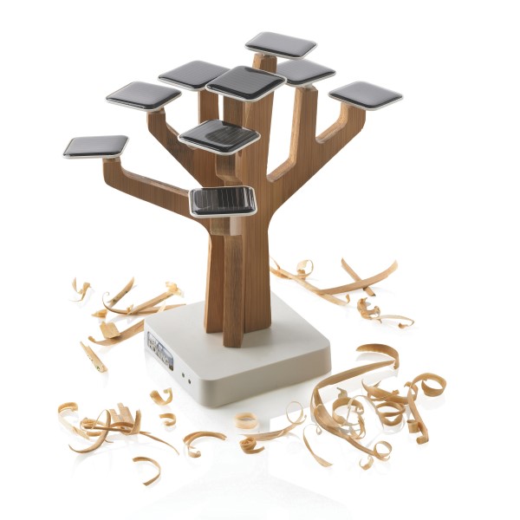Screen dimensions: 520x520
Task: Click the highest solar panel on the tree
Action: click(280, 43)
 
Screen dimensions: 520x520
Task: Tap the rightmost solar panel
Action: click(366, 94)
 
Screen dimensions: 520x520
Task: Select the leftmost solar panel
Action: click(95, 146)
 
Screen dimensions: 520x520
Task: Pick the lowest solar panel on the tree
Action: click(224, 200)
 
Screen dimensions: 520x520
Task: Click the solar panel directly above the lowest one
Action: click(219, 135)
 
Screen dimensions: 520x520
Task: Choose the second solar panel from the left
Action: click(143, 94)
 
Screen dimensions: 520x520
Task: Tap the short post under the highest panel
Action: click(265, 62)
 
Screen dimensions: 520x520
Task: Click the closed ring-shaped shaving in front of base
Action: click(247, 421)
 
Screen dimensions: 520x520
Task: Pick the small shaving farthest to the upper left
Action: click(81, 289)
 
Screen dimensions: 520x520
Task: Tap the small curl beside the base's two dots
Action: click(163, 396)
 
